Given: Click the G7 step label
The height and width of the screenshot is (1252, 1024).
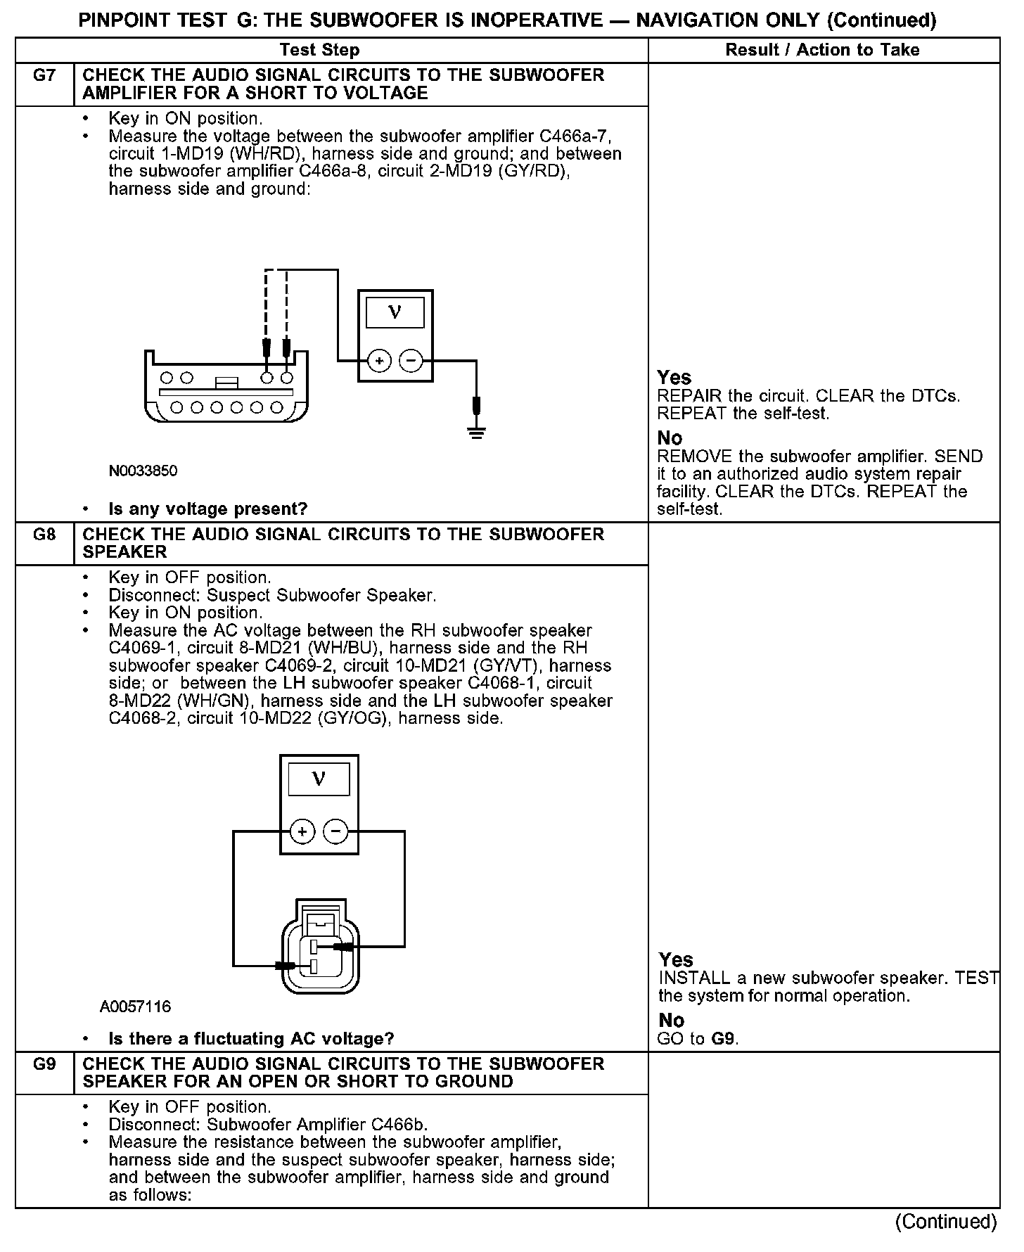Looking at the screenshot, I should click(44, 75).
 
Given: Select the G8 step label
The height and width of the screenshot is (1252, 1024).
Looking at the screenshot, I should click(44, 535).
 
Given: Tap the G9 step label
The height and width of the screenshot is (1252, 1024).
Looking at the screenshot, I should click(44, 1063).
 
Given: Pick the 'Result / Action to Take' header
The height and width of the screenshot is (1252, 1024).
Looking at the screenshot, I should click(822, 50).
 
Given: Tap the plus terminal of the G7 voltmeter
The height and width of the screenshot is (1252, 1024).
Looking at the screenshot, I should click(379, 362).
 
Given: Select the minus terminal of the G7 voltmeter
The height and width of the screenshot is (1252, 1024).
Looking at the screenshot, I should click(411, 362).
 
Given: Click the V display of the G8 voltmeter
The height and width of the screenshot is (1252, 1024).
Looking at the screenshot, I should click(319, 780).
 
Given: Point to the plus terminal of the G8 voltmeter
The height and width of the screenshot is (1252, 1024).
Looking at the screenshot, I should click(302, 833).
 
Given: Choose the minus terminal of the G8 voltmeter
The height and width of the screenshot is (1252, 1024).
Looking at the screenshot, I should click(335, 833).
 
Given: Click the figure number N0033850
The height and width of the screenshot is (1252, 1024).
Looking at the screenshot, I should click(143, 471).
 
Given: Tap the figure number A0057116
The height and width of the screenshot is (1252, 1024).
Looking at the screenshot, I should click(135, 1007).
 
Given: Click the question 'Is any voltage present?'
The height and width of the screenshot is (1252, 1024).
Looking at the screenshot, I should click(208, 509).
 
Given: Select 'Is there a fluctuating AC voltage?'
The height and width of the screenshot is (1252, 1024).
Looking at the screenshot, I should click(251, 1039).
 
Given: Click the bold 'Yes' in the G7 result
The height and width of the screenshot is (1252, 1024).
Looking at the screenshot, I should click(674, 378).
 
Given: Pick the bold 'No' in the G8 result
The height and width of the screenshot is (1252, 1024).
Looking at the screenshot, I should click(672, 1021).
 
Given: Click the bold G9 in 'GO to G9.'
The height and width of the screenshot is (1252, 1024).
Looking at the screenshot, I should click(724, 1039).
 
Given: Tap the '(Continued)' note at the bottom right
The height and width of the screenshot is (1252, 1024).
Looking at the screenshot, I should click(946, 1222).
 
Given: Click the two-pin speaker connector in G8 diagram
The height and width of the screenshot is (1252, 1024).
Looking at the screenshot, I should click(320, 946).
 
